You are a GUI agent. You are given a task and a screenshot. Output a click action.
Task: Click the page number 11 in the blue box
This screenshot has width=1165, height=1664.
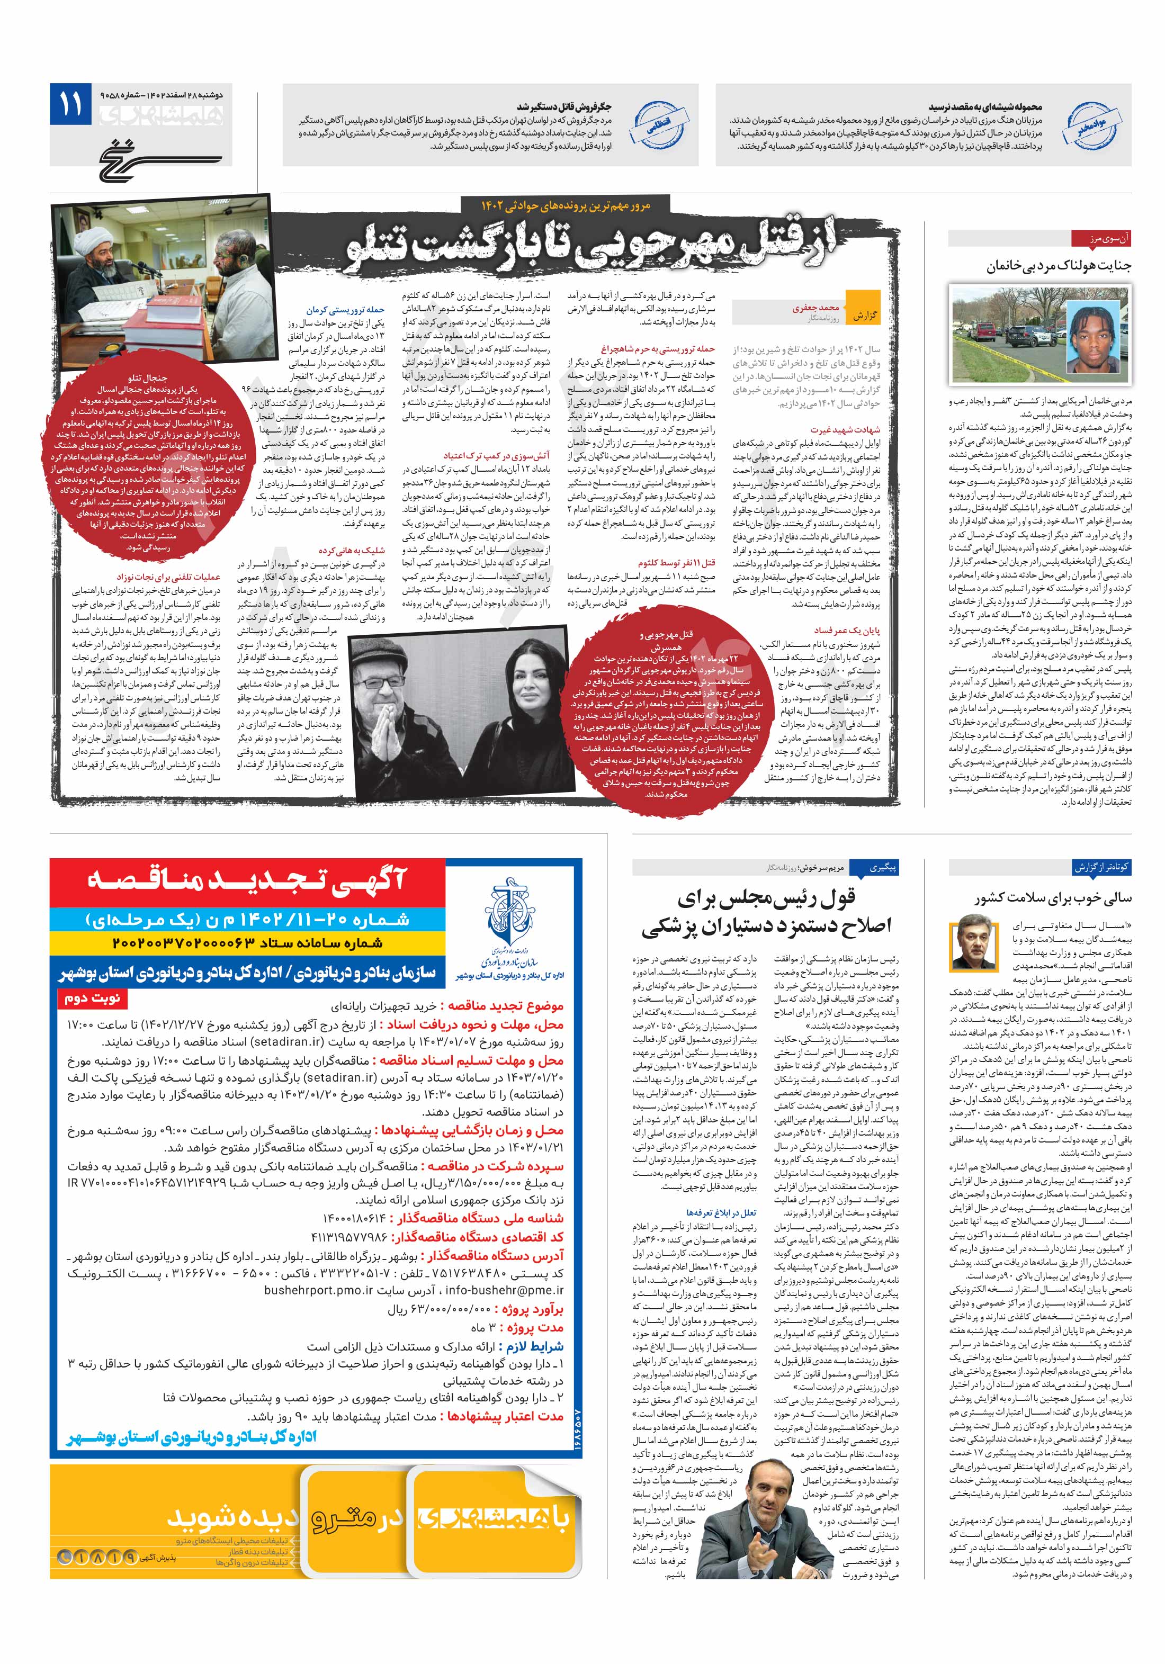pyautogui.click(x=71, y=104)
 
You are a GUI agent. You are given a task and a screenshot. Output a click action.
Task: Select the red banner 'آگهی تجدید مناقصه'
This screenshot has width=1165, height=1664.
pyautogui.click(x=246, y=879)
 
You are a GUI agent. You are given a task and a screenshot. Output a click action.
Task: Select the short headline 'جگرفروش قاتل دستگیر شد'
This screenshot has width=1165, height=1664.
pyautogui.click(x=563, y=106)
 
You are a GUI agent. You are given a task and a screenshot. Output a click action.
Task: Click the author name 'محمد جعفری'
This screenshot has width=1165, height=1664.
pyautogui.click(x=815, y=307)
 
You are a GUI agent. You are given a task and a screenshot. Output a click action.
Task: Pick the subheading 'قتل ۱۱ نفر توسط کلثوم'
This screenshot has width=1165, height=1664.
pyautogui.click(x=676, y=562)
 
